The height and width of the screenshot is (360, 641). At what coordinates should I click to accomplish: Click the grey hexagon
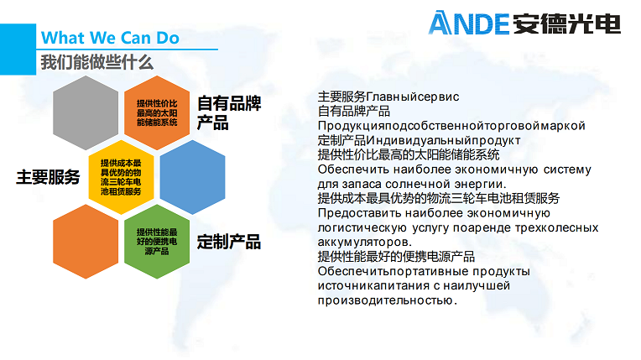pos(86,113)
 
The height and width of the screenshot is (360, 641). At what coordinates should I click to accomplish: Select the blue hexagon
pos(192,177)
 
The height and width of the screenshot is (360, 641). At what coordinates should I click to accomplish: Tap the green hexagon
pos(157,242)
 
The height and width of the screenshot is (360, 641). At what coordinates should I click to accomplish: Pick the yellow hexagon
pos(121,177)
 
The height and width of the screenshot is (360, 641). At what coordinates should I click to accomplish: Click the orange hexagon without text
pos(86,242)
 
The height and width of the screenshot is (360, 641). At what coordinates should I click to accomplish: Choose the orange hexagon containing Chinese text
pos(157,113)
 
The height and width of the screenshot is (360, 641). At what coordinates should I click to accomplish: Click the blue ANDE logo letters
pos(468,23)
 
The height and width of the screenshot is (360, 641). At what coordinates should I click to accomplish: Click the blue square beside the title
pos(18,49)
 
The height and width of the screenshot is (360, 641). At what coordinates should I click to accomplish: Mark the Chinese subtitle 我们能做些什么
pos(96,63)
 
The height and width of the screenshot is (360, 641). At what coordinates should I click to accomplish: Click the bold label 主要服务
pos(48,177)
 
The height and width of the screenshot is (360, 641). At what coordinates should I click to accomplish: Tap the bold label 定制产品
pos(229,242)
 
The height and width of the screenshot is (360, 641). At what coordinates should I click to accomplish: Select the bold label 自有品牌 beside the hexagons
pos(229,103)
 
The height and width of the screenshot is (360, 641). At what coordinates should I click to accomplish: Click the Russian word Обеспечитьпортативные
pos(393,272)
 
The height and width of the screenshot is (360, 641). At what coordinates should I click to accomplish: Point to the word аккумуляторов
pos(365,243)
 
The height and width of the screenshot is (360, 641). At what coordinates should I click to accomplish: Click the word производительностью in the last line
pos(387,300)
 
